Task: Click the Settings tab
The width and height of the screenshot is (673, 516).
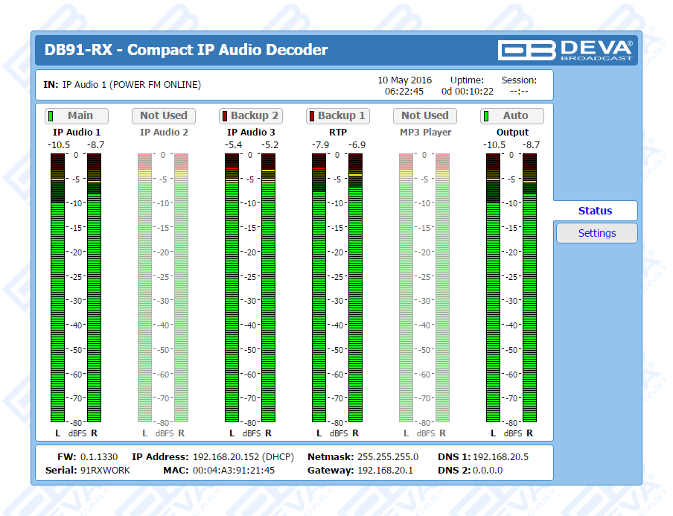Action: tap(596, 233)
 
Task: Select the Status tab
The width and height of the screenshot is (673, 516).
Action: tap(595, 211)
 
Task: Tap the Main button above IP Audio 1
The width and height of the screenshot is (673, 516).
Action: tap(76, 115)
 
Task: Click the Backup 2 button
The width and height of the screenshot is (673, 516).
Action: tap(250, 115)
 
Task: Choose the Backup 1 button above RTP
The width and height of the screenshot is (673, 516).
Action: tap(337, 115)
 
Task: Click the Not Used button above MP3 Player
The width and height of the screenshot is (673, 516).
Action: tap(424, 115)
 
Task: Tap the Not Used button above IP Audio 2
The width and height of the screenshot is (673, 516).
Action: tap(163, 115)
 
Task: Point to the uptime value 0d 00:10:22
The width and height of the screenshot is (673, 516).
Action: tap(468, 92)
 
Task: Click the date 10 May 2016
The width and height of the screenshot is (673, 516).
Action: tap(404, 80)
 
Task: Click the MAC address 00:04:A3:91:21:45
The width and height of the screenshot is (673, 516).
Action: tap(234, 470)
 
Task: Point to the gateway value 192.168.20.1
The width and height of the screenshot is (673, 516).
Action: tap(385, 470)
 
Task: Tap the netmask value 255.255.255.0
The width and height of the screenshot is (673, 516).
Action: tap(388, 456)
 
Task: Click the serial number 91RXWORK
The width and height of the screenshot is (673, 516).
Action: tap(105, 470)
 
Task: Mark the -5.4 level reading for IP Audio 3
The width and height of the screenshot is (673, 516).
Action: tap(233, 144)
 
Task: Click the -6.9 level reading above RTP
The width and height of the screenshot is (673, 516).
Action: tap(357, 144)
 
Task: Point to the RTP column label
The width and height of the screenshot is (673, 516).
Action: tap(338, 133)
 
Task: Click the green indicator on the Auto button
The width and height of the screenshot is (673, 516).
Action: tap(486, 115)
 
